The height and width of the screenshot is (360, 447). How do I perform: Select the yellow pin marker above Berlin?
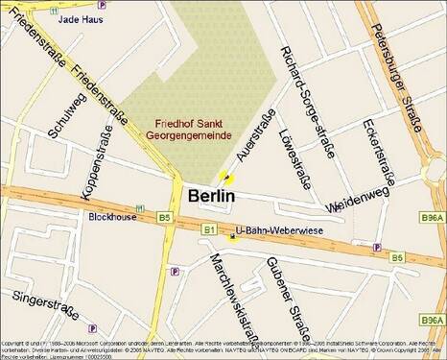[226, 178]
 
